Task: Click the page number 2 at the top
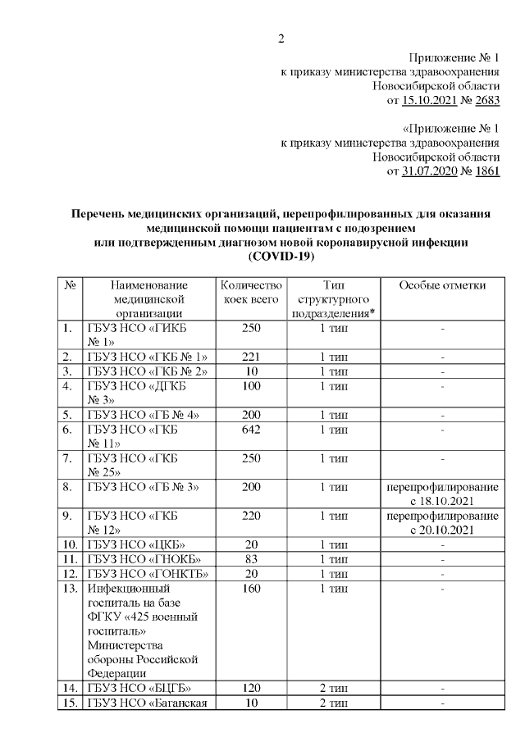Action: pos(281,38)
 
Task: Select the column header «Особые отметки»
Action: pos(442,285)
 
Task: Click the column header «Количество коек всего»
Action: pos(252,292)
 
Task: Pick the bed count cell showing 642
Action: pos(252,429)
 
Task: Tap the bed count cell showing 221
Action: pos(252,357)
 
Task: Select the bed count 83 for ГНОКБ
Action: pos(252,558)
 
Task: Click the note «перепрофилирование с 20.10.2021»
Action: pos(442,522)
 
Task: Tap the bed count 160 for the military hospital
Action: pos(252,588)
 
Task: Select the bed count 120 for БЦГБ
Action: pos(252,688)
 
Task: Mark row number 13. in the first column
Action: pos(71,588)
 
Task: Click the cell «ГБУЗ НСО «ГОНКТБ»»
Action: pos(147,573)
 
